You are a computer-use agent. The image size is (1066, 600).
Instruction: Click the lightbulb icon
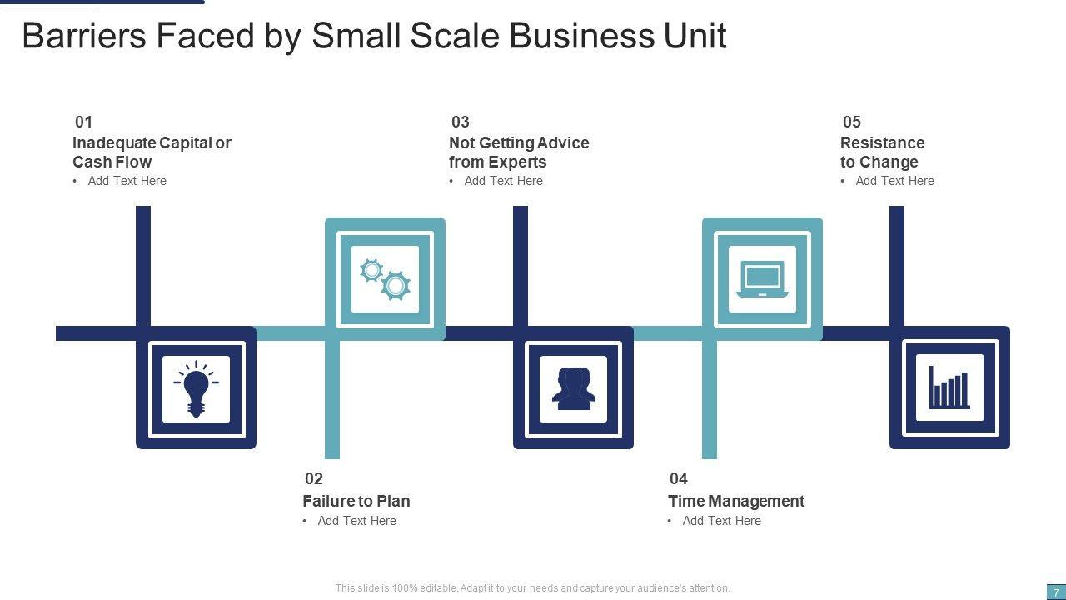tap(196, 388)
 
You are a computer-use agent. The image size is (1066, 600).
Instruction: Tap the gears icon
tap(385, 279)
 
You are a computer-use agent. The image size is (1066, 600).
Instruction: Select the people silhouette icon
tap(573, 388)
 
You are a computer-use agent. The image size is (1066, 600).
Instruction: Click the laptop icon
tap(762, 279)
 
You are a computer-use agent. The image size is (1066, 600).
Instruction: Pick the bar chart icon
tap(949, 388)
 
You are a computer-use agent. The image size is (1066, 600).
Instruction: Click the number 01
tap(84, 122)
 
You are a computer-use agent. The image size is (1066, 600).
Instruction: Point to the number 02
tap(314, 478)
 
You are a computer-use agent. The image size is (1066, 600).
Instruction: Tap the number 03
tap(461, 122)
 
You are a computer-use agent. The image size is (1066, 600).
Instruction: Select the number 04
tap(679, 478)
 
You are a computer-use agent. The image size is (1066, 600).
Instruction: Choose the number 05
tap(852, 122)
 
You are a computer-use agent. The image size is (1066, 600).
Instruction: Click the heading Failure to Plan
tap(356, 501)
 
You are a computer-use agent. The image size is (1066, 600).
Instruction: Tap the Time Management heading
tap(735, 501)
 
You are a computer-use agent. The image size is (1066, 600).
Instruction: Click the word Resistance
tap(882, 142)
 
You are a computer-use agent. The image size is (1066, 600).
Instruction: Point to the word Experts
tap(517, 162)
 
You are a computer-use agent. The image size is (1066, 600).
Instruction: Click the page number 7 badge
tap(1056, 592)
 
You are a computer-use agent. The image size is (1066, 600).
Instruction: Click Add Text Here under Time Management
tap(721, 521)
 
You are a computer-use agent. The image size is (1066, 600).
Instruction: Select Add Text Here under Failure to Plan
tap(356, 521)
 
